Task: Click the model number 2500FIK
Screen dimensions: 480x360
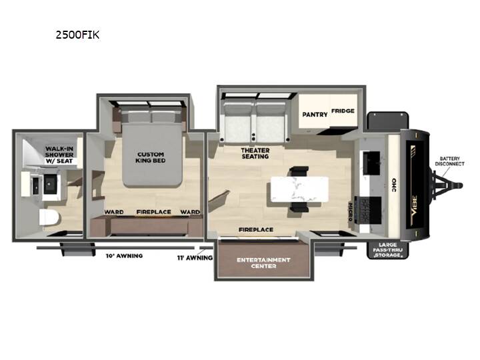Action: [77, 35]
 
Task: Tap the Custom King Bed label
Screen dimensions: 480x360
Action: [150, 157]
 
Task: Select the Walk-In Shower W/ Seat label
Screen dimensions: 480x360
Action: [59, 155]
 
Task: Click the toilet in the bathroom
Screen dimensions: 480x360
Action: [49, 217]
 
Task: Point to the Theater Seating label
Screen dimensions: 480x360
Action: [255, 153]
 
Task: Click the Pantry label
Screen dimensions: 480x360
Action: [315, 115]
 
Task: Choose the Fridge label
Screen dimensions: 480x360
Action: [343, 111]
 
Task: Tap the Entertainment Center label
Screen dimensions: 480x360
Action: [263, 263]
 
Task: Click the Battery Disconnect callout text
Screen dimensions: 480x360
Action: [450, 161]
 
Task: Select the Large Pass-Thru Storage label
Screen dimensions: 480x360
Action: [387, 250]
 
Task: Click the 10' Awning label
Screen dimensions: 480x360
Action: [124, 255]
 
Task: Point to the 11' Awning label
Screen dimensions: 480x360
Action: [195, 258]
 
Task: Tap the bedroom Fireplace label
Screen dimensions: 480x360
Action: [154, 212]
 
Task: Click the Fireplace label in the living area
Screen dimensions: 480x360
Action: [256, 229]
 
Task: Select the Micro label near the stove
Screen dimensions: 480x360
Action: [350, 211]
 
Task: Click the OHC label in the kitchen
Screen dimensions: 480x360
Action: [394, 185]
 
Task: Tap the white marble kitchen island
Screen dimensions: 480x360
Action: [300, 189]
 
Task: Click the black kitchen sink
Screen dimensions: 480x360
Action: [371, 163]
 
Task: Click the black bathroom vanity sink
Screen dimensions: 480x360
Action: [49, 184]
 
